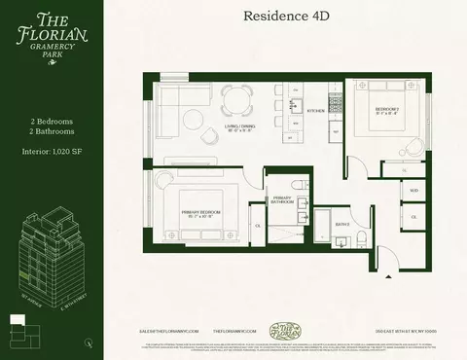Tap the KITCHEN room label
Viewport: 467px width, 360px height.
(x=315, y=111)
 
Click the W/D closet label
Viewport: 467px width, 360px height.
(x=413, y=190)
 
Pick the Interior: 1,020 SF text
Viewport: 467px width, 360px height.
(x=54, y=153)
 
